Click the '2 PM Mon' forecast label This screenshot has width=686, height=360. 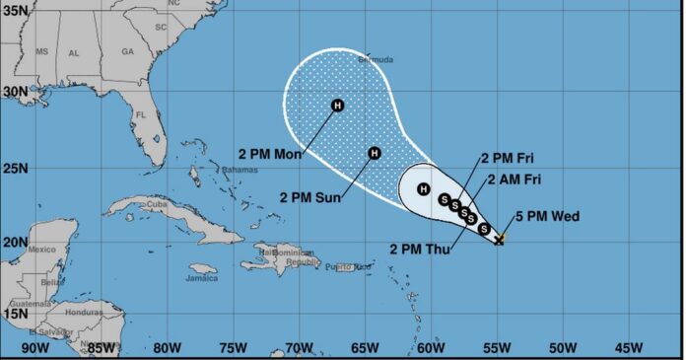point(269,154)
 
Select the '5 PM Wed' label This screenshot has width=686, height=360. point(547,217)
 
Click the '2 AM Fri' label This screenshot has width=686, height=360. point(514,179)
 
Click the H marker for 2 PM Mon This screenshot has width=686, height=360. point(337,106)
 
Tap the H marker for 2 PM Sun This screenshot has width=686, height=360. point(374,153)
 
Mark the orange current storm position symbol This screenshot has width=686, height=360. point(500,238)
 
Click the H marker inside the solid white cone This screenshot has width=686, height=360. point(423,188)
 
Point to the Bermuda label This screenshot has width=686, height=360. point(377,60)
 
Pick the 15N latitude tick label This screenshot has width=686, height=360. point(15,314)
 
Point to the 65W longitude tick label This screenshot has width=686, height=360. point(365,348)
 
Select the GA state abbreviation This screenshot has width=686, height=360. point(126,51)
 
